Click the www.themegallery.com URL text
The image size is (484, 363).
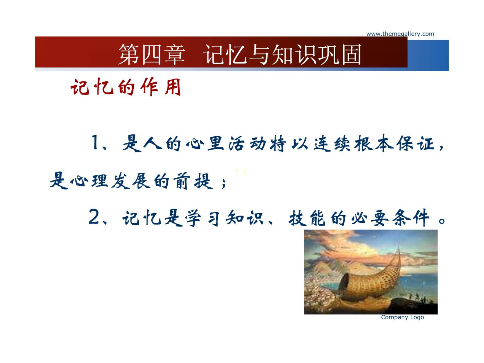[400, 34]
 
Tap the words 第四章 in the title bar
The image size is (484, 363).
[152, 54]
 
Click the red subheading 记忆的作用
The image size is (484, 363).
[126, 87]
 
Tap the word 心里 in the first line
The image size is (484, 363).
[205, 143]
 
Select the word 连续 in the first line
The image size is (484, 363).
[332, 143]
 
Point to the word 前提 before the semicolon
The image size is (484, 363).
[193, 181]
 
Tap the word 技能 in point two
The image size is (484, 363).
[307, 218]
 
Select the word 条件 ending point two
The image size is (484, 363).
[411, 218]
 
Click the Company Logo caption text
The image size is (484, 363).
[402, 317]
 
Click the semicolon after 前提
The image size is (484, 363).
[223, 183]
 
